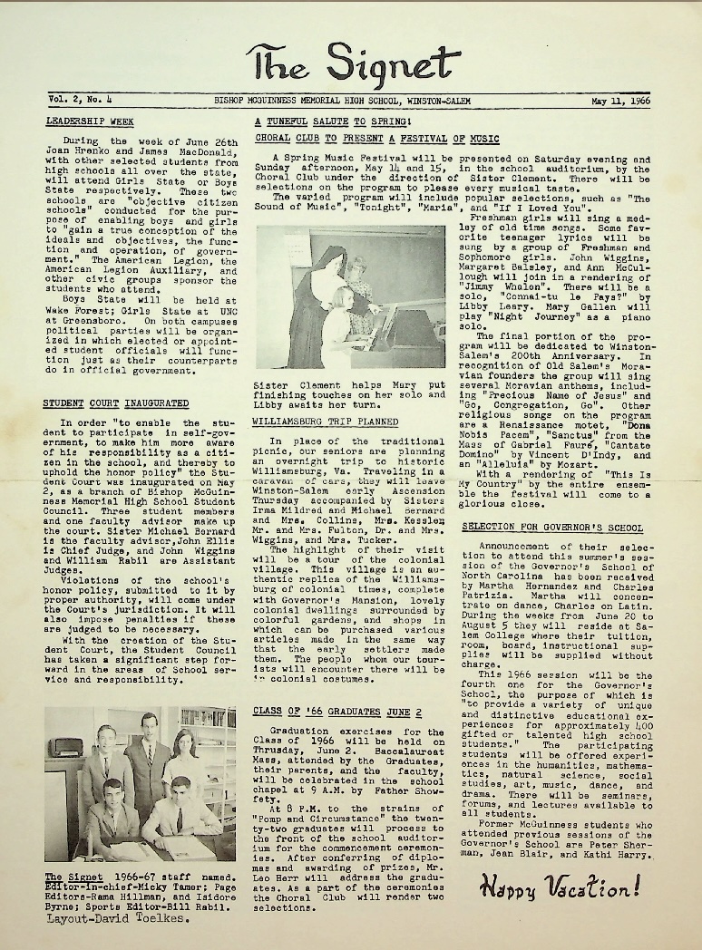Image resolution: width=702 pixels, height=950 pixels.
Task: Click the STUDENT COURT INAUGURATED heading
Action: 116,402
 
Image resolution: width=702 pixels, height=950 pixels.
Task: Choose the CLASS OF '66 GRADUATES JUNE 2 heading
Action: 325,712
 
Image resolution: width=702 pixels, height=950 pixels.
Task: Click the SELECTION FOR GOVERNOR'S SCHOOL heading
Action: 565,527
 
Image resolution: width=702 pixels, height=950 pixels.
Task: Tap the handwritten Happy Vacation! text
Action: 560,885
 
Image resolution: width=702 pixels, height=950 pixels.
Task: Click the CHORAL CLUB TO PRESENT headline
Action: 376,139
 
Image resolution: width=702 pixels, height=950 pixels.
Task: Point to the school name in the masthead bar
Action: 343,102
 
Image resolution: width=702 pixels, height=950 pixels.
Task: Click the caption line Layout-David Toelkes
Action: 114,918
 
